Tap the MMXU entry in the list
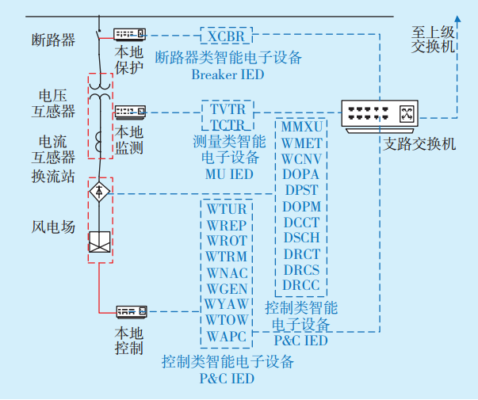tap(301, 127)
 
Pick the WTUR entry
tap(227, 209)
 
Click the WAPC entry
tap(227, 337)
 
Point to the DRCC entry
tap(301, 285)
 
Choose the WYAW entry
tap(227, 305)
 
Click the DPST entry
tap(301, 190)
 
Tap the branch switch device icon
tap(379, 116)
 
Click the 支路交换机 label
tap(419, 145)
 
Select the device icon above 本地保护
tap(129, 35)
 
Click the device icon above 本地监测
tap(129, 112)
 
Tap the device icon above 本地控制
tap(132, 312)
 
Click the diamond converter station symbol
tap(99, 192)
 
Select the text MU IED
tap(228, 173)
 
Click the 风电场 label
tap(53, 227)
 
